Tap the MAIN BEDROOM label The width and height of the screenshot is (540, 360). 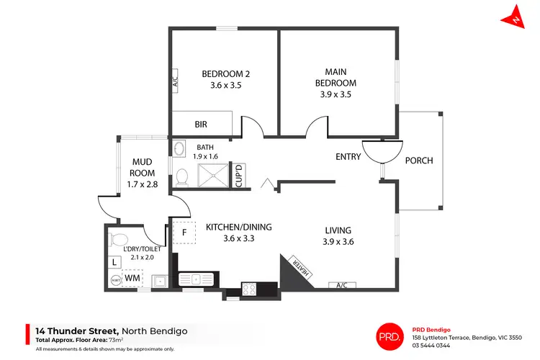[x=340, y=77]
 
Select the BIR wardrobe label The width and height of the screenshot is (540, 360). [x=201, y=125]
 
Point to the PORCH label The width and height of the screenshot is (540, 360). [x=419, y=161]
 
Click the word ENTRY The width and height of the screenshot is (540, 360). [x=348, y=157]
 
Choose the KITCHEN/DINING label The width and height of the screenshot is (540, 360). [x=238, y=228]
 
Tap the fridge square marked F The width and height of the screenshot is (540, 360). [x=184, y=233]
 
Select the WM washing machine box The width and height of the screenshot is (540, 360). [x=132, y=277]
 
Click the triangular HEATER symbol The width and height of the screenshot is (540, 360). [x=297, y=268]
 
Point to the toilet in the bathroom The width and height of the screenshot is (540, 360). [x=182, y=176]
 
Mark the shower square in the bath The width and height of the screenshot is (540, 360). [x=213, y=175]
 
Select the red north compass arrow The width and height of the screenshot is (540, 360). [x=518, y=17]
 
